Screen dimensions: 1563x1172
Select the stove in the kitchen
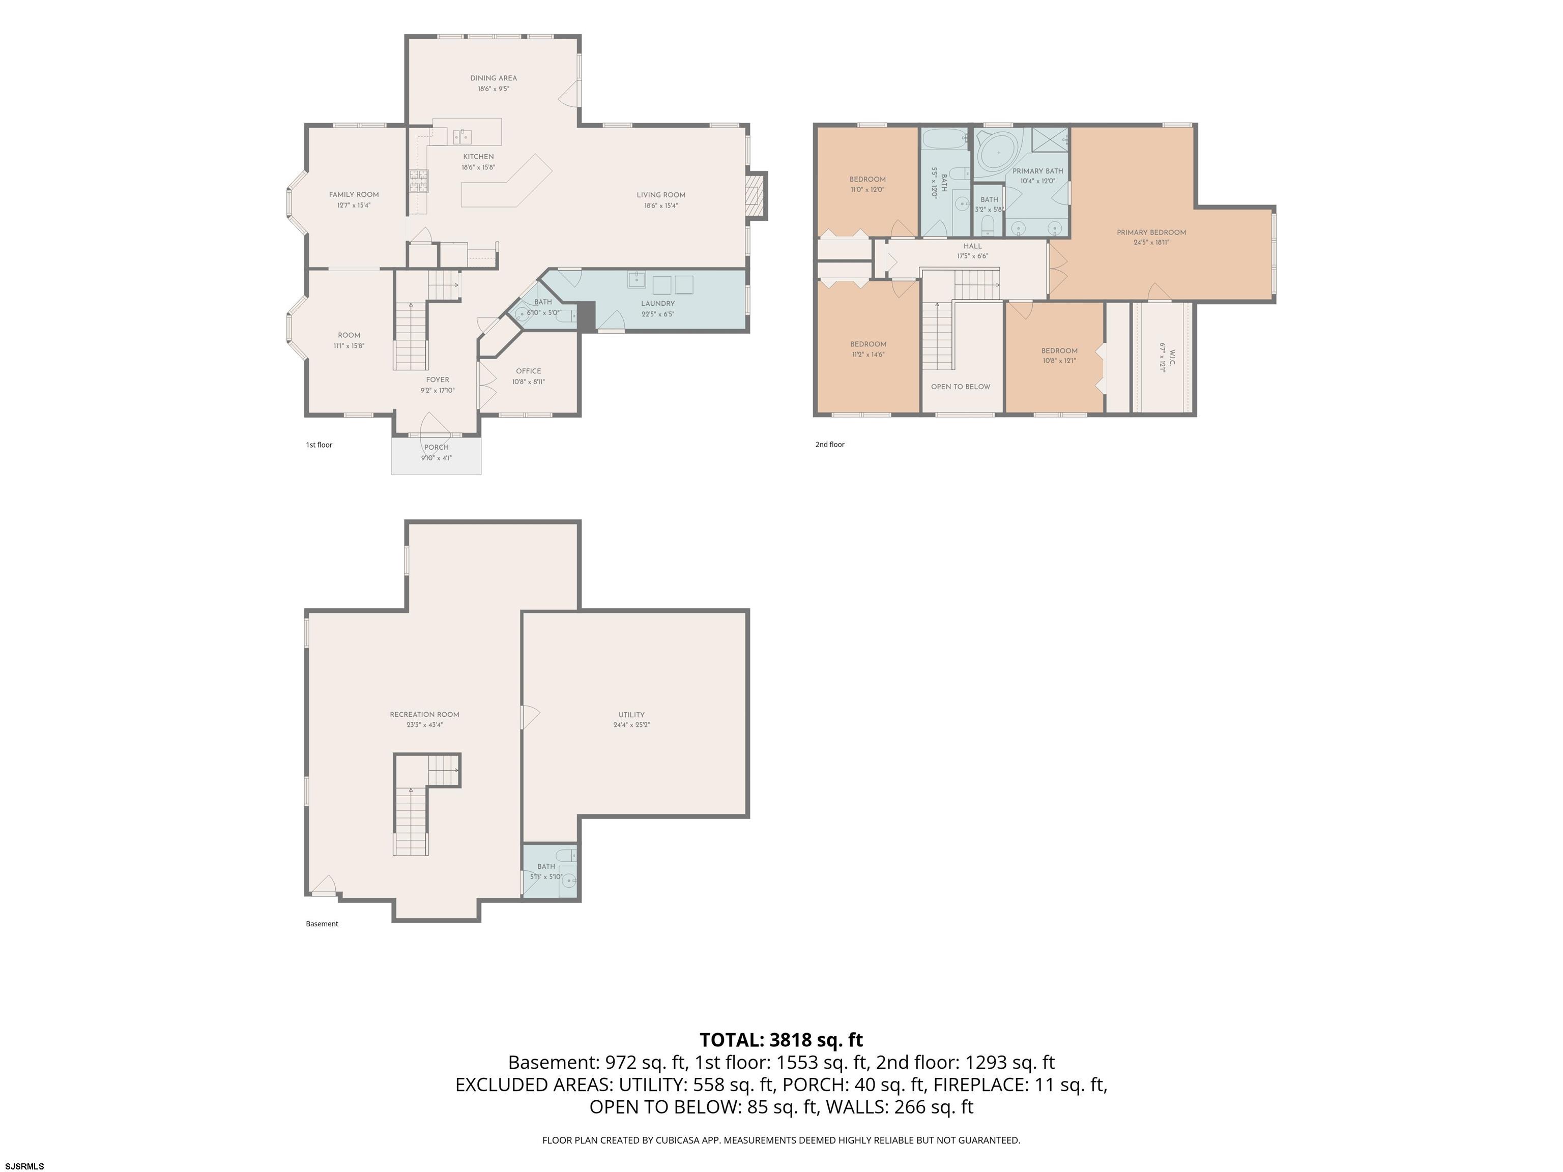(x=418, y=182)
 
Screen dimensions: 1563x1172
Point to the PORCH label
(x=436, y=447)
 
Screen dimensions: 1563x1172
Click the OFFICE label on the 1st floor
(x=529, y=371)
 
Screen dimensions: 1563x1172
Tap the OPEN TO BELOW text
(x=960, y=387)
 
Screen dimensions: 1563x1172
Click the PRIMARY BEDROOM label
(x=1151, y=232)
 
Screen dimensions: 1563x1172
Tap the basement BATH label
(x=546, y=866)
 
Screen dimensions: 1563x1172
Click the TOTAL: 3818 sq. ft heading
(x=781, y=1040)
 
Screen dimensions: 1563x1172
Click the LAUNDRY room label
(x=658, y=304)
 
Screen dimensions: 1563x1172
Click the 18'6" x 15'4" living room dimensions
(x=661, y=207)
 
